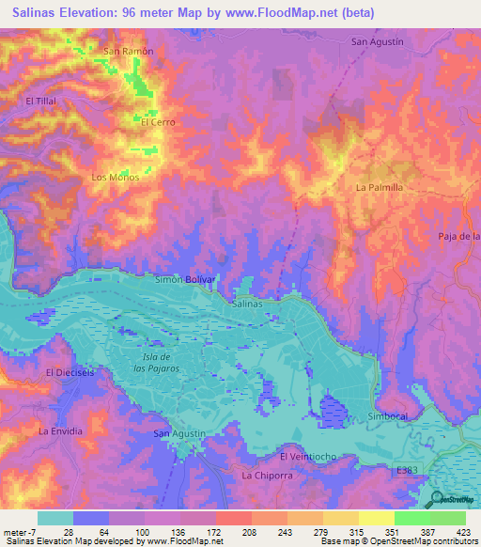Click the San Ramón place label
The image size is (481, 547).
128,50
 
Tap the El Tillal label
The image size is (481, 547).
43,101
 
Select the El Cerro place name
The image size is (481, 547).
158,122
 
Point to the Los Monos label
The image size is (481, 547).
115,177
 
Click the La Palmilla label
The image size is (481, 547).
380,187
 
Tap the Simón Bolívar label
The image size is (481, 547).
185,280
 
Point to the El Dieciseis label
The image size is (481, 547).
71,372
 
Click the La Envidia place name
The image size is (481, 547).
60,430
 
